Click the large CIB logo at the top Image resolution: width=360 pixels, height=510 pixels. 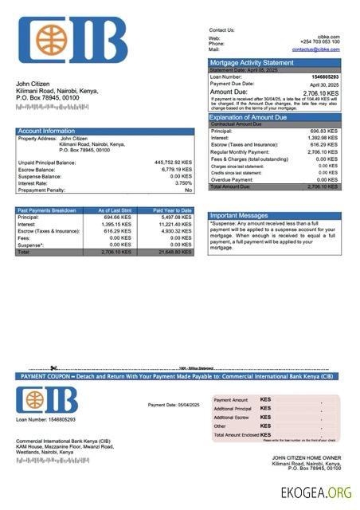[72, 41]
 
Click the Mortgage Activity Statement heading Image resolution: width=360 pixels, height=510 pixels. [251, 62]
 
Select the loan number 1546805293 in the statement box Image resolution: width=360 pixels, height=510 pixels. [326, 76]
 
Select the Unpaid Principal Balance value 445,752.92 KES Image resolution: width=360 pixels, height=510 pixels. [172, 163]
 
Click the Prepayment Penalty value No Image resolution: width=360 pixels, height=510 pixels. [188, 190]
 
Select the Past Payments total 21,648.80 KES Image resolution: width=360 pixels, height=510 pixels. [174, 252]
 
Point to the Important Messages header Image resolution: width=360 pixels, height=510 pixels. [239, 215]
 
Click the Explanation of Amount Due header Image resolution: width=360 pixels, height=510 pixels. [254, 117]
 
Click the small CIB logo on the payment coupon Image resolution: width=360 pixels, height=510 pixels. [47, 400]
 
